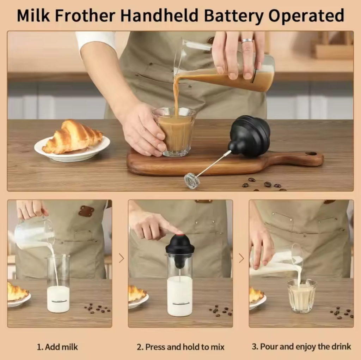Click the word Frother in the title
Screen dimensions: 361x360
point(85,16)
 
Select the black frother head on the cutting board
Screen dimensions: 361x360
point(250,136)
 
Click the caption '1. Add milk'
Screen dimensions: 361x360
point(57,347)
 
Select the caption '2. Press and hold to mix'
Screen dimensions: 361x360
point(180,347)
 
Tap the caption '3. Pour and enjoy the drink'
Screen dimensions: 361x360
point(301,346)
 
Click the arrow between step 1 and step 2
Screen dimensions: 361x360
point(122,258)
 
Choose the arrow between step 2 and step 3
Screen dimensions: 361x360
point(241,258)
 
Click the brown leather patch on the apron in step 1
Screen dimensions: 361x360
point(86,211)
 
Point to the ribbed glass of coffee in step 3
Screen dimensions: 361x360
point(302,296)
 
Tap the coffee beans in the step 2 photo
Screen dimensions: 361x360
point(221,310)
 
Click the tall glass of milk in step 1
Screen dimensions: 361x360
point(58,283)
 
